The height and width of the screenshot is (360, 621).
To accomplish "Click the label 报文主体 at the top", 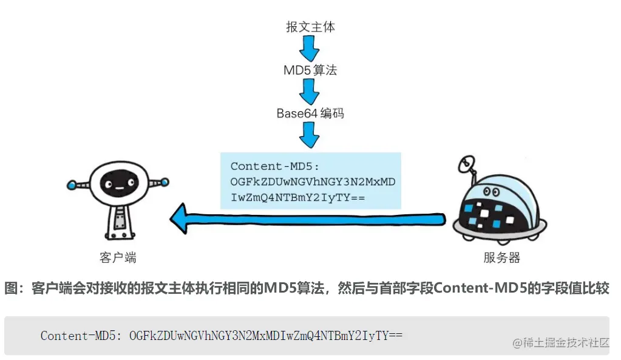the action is pos(310,27).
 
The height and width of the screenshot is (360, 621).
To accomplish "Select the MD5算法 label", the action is pos(310,70).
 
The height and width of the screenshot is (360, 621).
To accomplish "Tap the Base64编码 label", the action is pos(310,113).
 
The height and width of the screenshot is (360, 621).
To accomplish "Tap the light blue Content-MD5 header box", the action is pos(310,181).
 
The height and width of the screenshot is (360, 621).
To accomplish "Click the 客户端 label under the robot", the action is pos(118,257).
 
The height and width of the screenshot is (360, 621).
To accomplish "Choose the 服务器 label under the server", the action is pos(501,257).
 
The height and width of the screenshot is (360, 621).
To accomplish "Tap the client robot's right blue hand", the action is pos(165,182).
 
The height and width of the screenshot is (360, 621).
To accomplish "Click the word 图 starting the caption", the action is pos(12,288).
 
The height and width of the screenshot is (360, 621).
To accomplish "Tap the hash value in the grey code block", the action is pos(266,336).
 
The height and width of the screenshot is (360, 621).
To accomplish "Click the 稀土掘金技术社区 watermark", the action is pos(561,343).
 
